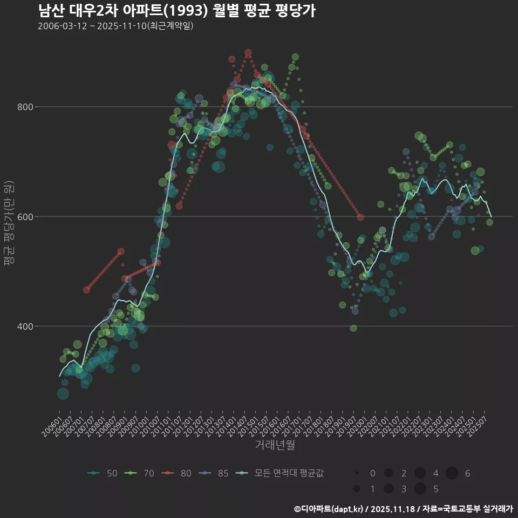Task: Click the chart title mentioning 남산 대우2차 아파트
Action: pyautogui.click(x=177, y=10)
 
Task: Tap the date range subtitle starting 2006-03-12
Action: pyautogui.click(x=115, y=26)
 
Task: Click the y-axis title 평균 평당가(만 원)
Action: pyautogui.click(x=9, y=222)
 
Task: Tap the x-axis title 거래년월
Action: pyautogui.click(x=275, y=445)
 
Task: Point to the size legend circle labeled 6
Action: pyautogui.click(x=452, y=473)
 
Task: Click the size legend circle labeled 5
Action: pyautogui.click(x=420, y=489)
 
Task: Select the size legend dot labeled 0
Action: pyautogui.click(x=357, y=473)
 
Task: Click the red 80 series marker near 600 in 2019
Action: pyautogui.click(x=360, y=217)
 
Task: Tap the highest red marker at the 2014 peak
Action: pyautogui.click(x=248, y=53)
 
